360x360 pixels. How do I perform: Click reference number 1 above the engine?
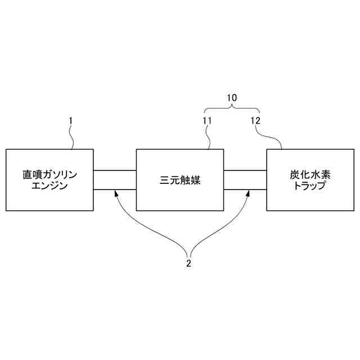click(70, 120)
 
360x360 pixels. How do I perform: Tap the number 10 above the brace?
click(232, 97)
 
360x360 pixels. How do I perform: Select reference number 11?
click(206, 120)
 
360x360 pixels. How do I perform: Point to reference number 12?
click(255, 120)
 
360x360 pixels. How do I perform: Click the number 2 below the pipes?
click(189, 262)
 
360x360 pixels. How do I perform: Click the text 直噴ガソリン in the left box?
click(49, 175)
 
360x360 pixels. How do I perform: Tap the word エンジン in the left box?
click(49, 186)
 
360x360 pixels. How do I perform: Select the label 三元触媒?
click(180, 181)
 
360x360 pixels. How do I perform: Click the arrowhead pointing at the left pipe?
click(116, 193)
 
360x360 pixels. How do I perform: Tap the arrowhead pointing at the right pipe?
click(247, 193)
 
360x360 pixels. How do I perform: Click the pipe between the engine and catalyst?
click(115, 180)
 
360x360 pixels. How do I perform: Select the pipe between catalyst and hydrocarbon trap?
click(245, 180)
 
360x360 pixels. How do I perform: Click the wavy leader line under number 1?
click(71, 137)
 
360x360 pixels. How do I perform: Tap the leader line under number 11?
click(209, 137)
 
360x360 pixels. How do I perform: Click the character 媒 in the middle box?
click(196, 181)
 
